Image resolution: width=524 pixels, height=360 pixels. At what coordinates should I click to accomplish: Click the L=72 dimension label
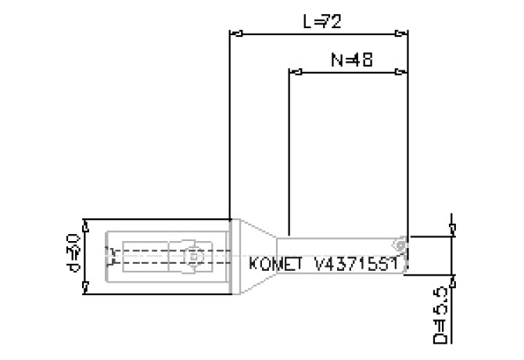pos(321,22)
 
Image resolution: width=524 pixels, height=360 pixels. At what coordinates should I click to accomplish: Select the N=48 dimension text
pos(350,59)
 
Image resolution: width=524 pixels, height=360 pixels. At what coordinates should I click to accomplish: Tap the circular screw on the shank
pos(192,256)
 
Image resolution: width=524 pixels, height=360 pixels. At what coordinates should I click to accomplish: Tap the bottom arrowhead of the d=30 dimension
pos(84,289)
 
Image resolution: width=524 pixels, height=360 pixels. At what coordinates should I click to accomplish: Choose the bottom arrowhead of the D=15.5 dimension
pos(452,279)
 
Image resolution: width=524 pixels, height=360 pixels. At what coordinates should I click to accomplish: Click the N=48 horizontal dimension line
pos(348,72)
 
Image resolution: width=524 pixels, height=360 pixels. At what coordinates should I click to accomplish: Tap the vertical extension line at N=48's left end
pos(289,157)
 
